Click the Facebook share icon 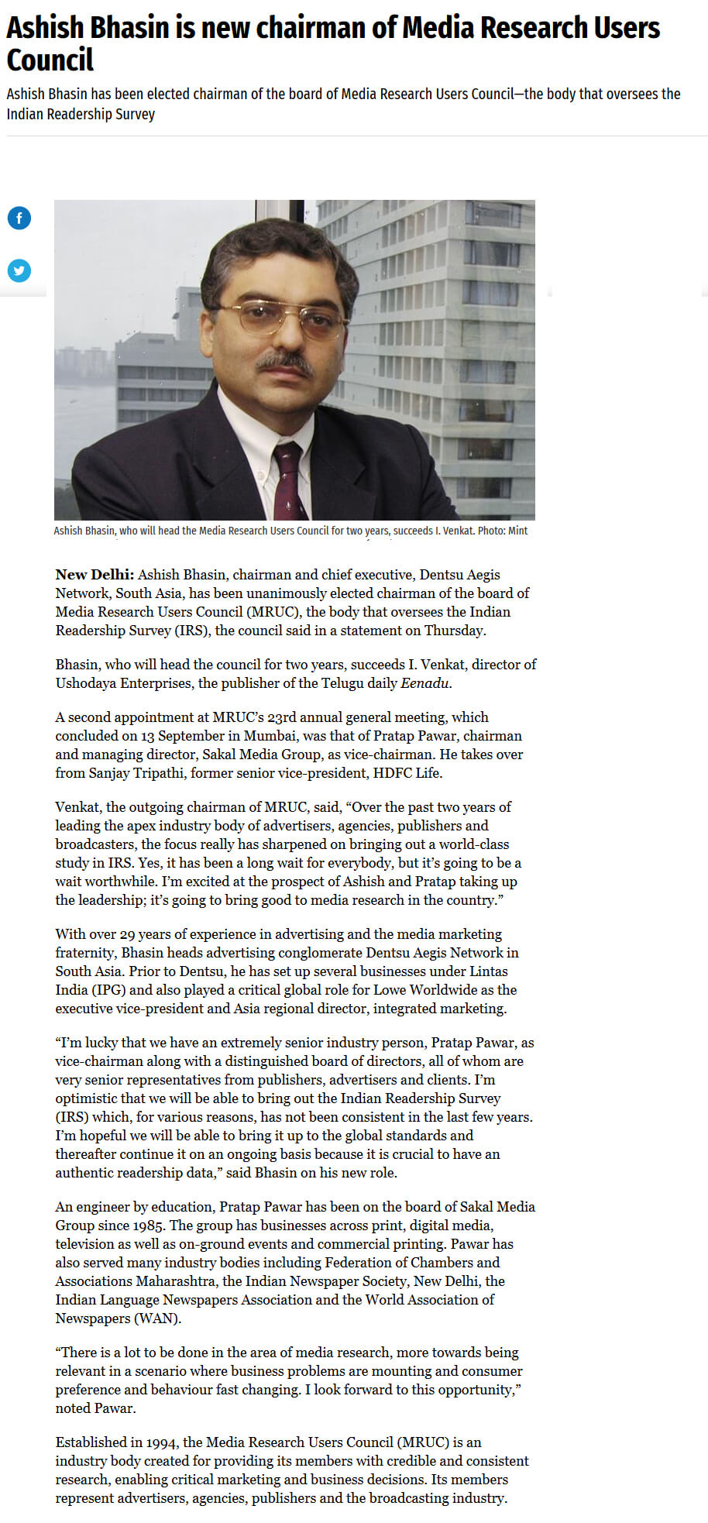(x=19, y=218)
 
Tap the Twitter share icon (x=19, y=270)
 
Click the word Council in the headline (x=50, y=60)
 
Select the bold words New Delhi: (x=95, y=575)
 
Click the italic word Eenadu (x=424, y=683)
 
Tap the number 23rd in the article (x=268, y=717)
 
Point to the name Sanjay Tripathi (x=136, y=773)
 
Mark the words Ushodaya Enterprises (x=124, y=683)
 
